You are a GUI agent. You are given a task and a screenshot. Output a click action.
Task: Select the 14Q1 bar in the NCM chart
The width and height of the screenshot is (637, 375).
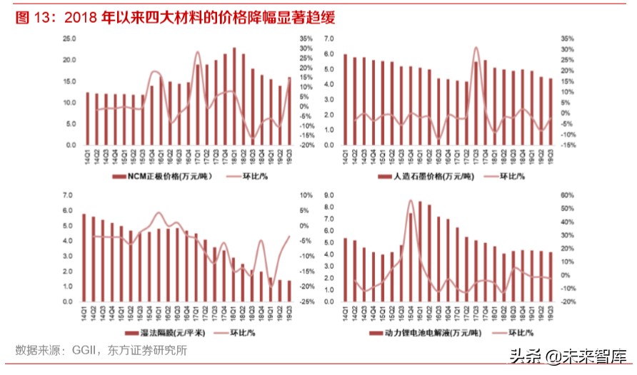coord(88,118)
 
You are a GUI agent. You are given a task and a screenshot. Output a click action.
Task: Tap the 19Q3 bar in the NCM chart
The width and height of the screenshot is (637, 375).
coord(289,111)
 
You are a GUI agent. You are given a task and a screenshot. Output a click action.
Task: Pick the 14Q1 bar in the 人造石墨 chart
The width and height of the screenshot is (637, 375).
coord(346,100)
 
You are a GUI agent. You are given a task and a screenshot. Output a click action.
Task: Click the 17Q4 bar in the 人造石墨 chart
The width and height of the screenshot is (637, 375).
coord(485,103)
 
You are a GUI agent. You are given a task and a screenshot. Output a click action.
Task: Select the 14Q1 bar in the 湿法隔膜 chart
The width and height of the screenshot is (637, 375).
coord(84,257)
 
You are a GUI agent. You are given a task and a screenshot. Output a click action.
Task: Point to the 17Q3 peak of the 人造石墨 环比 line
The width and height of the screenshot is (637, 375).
coord(476,48)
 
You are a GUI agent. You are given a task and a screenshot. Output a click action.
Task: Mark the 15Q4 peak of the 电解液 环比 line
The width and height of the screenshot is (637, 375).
coord(411,201)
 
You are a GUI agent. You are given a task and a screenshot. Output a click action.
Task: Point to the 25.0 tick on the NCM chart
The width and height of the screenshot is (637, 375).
coord(69,38)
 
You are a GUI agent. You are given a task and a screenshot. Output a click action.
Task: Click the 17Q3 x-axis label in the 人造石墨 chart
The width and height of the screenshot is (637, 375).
coord(476,153)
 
